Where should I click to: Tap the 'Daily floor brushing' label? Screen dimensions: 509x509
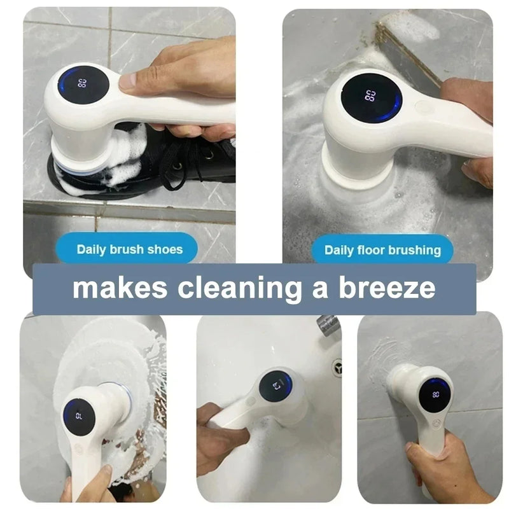382,250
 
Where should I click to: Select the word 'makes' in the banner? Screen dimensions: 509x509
120,288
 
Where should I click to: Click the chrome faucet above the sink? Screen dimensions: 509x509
328,326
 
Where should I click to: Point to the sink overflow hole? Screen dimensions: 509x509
337,366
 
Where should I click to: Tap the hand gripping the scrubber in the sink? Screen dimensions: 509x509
220,439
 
